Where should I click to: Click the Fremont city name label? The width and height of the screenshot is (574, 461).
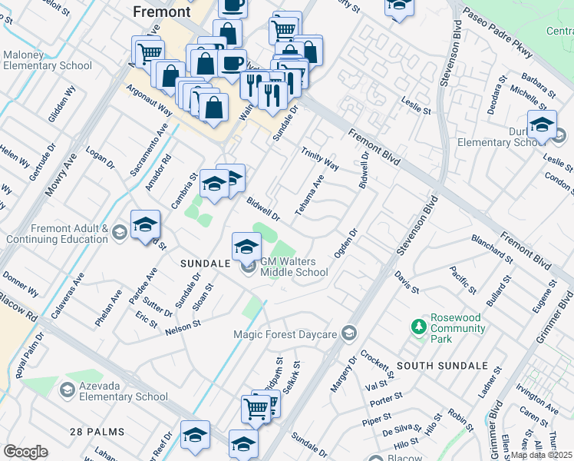pyautogui.click(x=161, y=12)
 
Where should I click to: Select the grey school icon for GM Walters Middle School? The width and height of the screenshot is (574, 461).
pyautogui.click(x=249, y=267)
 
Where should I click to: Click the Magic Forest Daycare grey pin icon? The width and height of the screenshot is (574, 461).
pyautogui.click(x=349, y=333)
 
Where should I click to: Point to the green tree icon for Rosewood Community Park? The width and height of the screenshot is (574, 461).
pyautogui.click(x=418, y=327)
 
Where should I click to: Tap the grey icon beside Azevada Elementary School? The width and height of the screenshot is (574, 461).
pyautogui.click(x=67, y=391)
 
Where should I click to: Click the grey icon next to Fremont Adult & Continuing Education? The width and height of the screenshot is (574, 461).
pyautogui.click(x=119, y=231)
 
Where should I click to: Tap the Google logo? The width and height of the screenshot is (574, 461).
pyautogui.click(x=26, y=452)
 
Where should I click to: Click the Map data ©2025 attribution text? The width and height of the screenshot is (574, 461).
pyautogui.click(x=541, y=455)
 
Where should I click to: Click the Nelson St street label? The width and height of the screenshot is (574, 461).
pyautogui.click(x=183, y=327)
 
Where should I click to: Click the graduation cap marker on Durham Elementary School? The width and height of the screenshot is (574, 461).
pyautogui.click(x=541, y=124)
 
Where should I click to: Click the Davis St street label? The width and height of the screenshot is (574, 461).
pyautogui.click(x=407, y=284)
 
